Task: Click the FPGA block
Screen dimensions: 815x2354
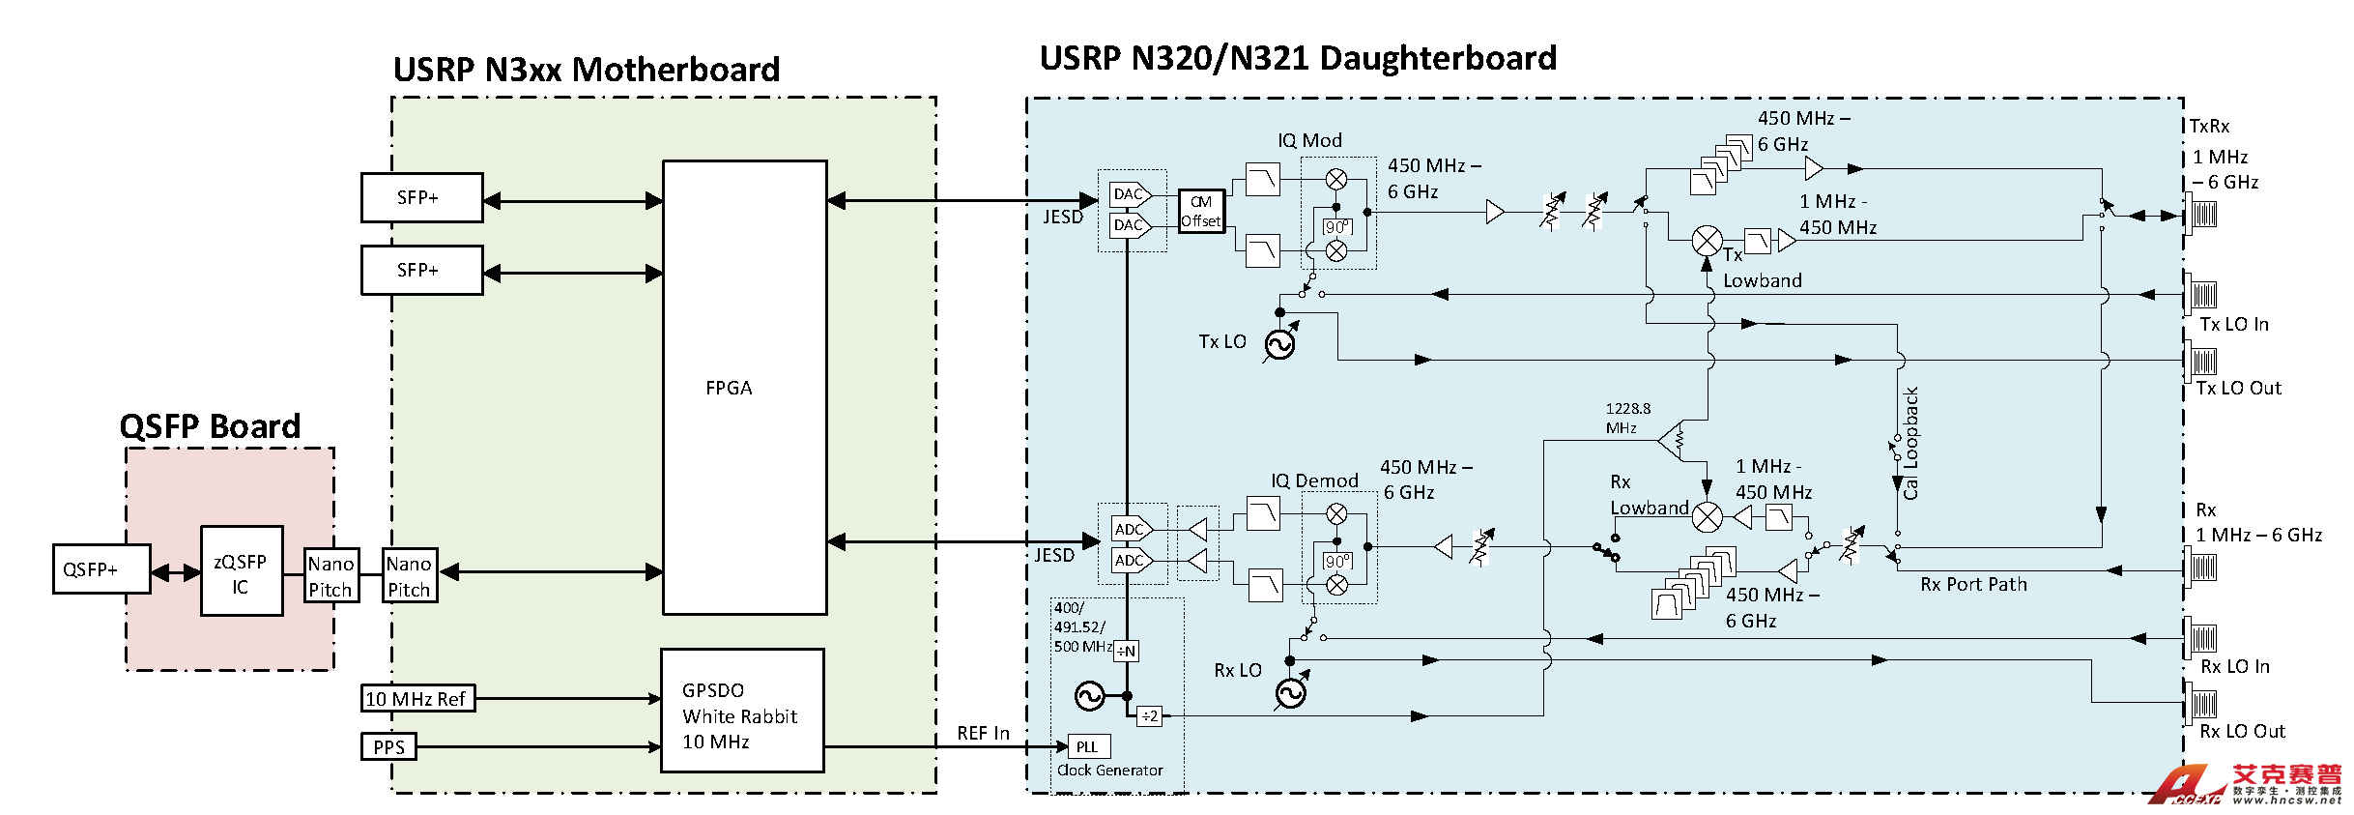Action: pyautogui.click(x=744, y=387)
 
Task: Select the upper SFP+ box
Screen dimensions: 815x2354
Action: pyautogui.click(x=421, y=197)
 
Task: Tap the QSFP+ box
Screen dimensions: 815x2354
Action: pyautogui.click(x=100, y=568)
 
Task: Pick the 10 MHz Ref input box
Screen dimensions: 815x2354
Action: pyautogui.click(x=417, y=698)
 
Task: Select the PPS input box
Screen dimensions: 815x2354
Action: pyautogui.click(x=388, y=746)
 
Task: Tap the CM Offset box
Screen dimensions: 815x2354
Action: pyautogui.click(x=1201, y=211)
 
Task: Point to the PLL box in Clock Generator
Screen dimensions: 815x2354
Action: pyautogui.click(x=1088, y=746)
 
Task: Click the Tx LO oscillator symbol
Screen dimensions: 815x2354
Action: pyautogui.click(x=1279, y=344)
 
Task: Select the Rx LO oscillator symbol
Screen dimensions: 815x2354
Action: pyautogui.click(x=1290, y=692)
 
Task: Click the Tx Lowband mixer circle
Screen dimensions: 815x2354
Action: pyautogui.click(x=1708, y=241)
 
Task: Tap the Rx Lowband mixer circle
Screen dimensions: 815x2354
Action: pyautogui.click(x=1708, y=517)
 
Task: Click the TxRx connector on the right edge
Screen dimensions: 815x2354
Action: pyautogui.click(x=2203, y=212)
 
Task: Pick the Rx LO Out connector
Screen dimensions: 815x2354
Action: pyautogui.click(x=2203, y=702)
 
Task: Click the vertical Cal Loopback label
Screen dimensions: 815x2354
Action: pyautogui.click(x=1910, y=443)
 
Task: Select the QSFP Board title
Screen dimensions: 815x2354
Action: pyautogui.click(x=210, y=426)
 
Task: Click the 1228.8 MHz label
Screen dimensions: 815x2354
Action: pyautogui.click(x=1627, y=418)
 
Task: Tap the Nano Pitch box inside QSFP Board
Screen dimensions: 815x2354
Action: pyautogui.click(x=331, y=576)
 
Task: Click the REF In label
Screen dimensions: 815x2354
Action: pyautogui.click(x=983, y=733)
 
